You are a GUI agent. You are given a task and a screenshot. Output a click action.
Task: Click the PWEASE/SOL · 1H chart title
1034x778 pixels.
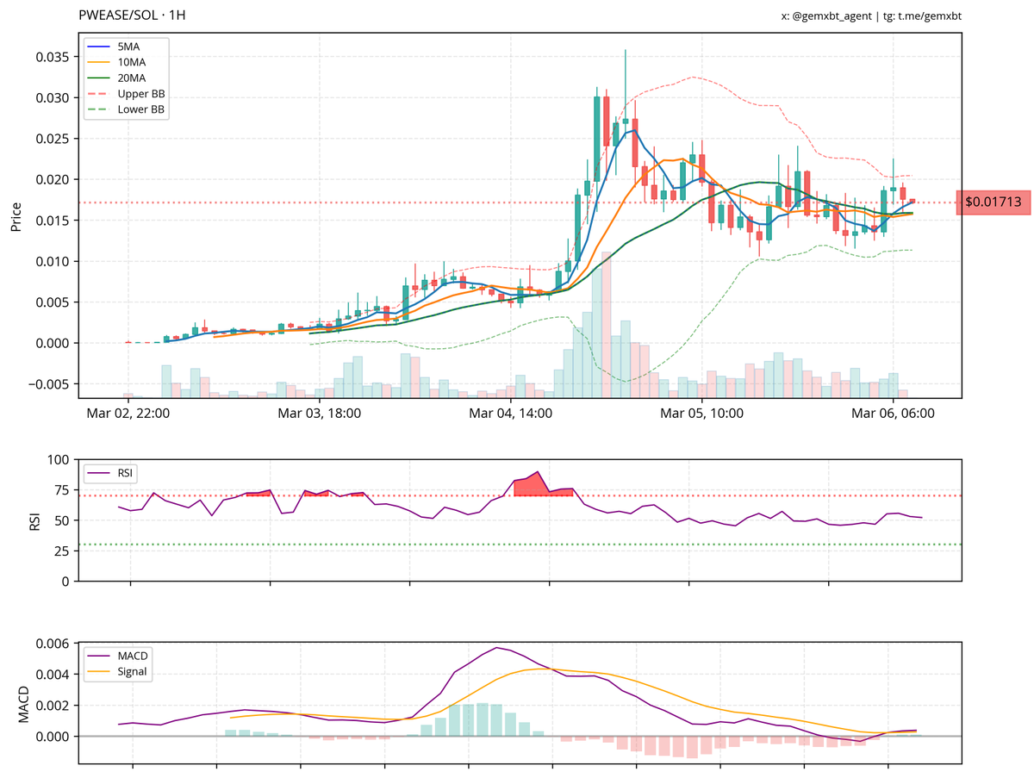(x=132, y=16)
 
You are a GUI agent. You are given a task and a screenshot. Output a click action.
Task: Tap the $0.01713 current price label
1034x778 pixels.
(x=993, y=202)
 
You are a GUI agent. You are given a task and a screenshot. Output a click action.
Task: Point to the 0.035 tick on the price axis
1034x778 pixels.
(x=52, y=57)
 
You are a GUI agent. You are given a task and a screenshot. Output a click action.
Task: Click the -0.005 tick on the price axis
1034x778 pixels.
(x=50, y=383)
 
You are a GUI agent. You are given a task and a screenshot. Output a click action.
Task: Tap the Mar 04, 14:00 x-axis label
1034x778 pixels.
(x=510, y=414)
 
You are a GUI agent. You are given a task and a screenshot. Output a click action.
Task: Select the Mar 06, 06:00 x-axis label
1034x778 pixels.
(x=893, y=414)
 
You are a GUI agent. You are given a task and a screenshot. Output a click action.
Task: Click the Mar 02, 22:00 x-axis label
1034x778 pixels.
(x=128, y=414)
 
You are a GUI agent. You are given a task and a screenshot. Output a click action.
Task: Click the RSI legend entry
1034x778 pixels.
(x=125, y=472)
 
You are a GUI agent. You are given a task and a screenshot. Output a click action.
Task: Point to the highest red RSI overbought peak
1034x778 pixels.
(x=538, y=472)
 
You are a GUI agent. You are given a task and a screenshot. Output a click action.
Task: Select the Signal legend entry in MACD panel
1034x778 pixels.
(x=134, y=672)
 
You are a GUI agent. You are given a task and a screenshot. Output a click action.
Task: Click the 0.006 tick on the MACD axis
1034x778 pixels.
(x=53, y=644)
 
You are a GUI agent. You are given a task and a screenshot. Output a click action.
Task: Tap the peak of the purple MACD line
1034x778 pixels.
(x=497, y=647)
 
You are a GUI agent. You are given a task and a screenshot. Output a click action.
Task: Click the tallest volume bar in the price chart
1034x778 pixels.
(x=607, y=323)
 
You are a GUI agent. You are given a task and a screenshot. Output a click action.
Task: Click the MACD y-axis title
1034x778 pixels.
(x=23, y=703)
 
